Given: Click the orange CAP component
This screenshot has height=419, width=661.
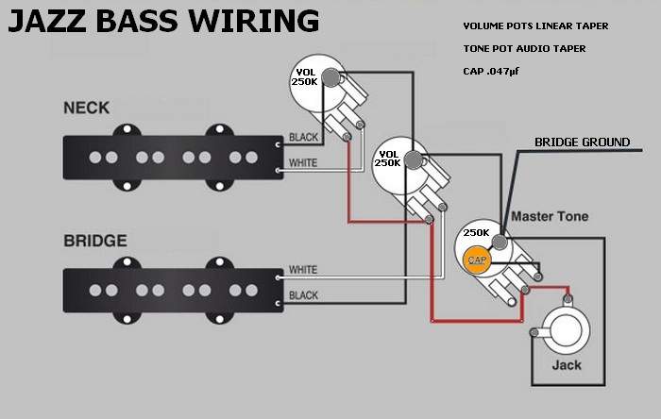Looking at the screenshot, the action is [477, 260].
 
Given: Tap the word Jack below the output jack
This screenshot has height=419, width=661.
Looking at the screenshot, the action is [567, 364].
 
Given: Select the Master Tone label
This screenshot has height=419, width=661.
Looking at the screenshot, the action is [550, 216].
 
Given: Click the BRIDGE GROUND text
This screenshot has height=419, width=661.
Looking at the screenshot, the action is [583, 142].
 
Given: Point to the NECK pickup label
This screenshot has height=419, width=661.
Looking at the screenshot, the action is [87, 108].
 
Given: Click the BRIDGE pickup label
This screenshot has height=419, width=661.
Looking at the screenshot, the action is [95, 241].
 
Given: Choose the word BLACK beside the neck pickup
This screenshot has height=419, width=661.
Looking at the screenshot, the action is [303, 137].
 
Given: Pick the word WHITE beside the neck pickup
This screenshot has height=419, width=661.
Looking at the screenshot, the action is [303, 162].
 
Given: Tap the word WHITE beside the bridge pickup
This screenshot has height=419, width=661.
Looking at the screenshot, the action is [303, 270].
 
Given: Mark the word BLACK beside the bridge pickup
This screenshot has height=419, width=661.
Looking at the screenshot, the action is [303, 295].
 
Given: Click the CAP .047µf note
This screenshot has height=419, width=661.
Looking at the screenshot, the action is [491, 71].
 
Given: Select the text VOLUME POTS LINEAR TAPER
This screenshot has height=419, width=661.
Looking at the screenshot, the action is [535, 26].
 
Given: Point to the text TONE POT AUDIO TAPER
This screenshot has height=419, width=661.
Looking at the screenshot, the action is [524, 49].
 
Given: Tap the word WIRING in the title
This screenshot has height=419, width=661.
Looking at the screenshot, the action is [253, 21].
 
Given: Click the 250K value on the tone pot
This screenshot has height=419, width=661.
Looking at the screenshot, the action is [476, 232].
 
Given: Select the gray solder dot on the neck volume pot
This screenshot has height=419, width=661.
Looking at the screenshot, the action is [330, 77].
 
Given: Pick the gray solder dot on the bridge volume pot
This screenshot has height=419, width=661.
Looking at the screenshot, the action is [414, 160].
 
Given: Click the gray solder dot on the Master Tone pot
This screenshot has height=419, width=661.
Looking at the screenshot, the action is [500, 243].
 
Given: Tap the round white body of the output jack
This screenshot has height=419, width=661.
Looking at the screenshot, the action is [566, 330].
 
